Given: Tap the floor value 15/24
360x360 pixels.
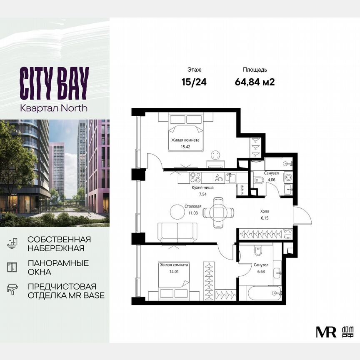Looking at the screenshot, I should pos(194,82).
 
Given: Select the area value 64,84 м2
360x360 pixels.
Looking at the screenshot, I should pos(255,82).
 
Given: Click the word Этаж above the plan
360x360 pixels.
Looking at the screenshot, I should pos(194,70).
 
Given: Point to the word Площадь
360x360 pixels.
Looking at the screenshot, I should pos(255,70).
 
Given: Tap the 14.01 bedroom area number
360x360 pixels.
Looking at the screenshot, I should pos(174,271).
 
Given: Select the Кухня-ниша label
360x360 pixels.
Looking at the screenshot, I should pos(202,188).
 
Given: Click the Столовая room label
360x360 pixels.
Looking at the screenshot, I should pos(193,206).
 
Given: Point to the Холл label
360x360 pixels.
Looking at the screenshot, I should pos(265,211).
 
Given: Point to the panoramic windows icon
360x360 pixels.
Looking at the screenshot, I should pos(12,267).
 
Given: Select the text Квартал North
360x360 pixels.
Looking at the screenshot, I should pos(54,107).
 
